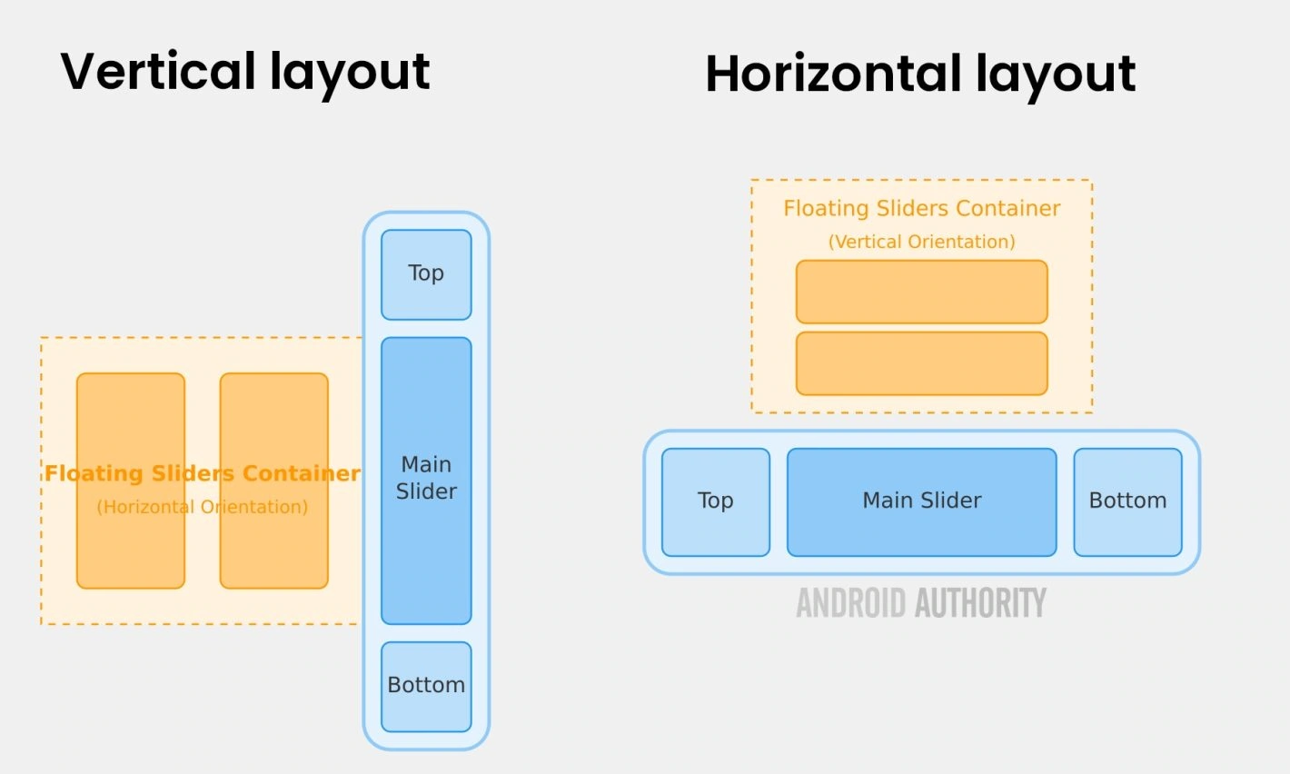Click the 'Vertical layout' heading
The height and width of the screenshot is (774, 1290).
click(x=244, y=72)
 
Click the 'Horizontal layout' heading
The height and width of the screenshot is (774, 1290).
click(x=919, y=74)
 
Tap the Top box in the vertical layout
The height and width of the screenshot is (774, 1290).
click(x=426, y=274)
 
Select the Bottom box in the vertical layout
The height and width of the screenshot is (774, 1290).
click(x=426, y=686)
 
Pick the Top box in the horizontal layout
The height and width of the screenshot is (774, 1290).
click(x=716, y=501)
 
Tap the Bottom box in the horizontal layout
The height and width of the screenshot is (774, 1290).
click(x=1127, y=501)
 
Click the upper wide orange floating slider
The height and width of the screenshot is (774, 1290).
click(x=921, y=292)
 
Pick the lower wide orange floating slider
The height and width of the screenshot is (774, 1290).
click(x=921, y=363)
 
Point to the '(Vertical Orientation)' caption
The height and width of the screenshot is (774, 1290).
click(x=921, y=242)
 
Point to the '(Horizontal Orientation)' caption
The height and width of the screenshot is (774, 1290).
click(x=202, y=507)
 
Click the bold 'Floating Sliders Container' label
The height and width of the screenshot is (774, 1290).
click(x=202, y=473)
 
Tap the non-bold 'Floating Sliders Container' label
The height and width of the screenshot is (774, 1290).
click(x=921, y=209)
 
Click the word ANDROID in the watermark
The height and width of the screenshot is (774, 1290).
click(x=851, y=603)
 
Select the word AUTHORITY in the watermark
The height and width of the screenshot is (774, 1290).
click(x=980, y=603)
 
